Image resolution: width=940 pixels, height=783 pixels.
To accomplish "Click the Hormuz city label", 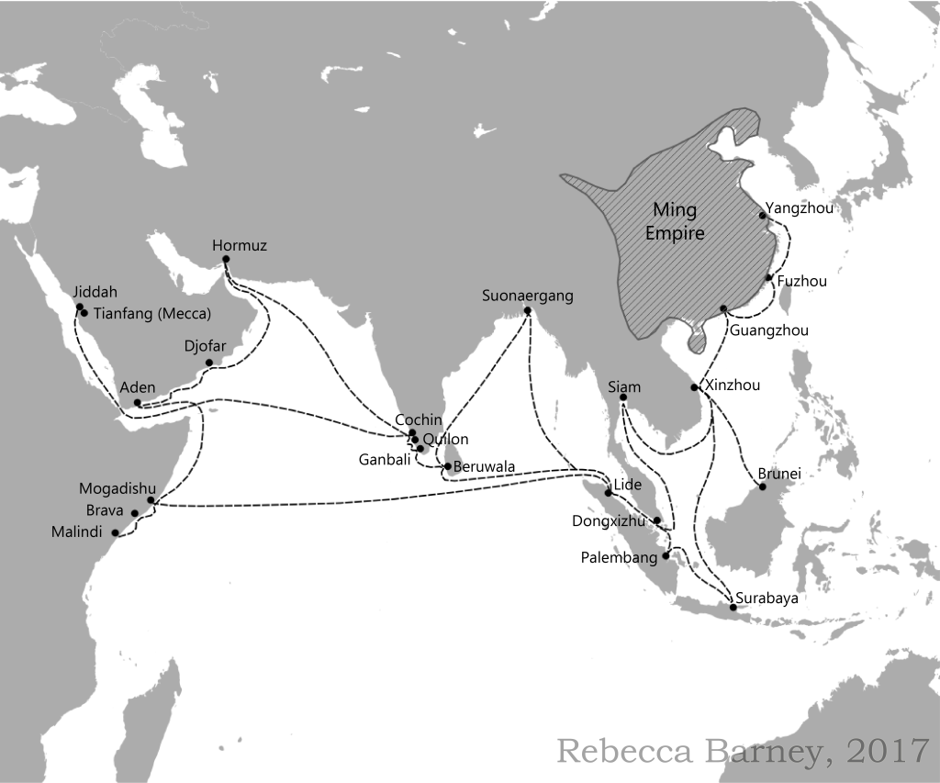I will (x=240, y=245).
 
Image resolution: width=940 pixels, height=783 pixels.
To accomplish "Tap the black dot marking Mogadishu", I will (x=151, y=500).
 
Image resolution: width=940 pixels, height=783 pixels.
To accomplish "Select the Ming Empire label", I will (x=675, y=222).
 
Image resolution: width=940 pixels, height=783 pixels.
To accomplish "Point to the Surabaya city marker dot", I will (x=733, y=608).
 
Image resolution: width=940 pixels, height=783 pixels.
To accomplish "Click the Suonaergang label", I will (x=528, y=296).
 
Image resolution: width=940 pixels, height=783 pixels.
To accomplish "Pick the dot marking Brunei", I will (x=762, y=487).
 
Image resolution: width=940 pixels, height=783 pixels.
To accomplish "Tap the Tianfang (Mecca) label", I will (x=152, y=313).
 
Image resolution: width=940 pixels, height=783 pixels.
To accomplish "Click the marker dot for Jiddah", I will (x=80, y=308).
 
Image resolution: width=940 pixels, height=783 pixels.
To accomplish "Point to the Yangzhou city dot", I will (x=762, y=217).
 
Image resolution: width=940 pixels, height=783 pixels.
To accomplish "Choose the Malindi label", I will (x=76, y=532).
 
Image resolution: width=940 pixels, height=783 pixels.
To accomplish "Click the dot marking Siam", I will (x=622, y=397).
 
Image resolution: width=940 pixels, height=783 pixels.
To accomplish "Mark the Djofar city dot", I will (x=209, y=363).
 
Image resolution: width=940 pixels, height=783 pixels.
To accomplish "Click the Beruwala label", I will (x=484, y=466).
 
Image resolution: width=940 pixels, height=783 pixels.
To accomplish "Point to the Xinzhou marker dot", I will (x=694, y=387).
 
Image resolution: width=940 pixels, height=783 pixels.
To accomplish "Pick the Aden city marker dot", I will (x=137, y=403).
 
